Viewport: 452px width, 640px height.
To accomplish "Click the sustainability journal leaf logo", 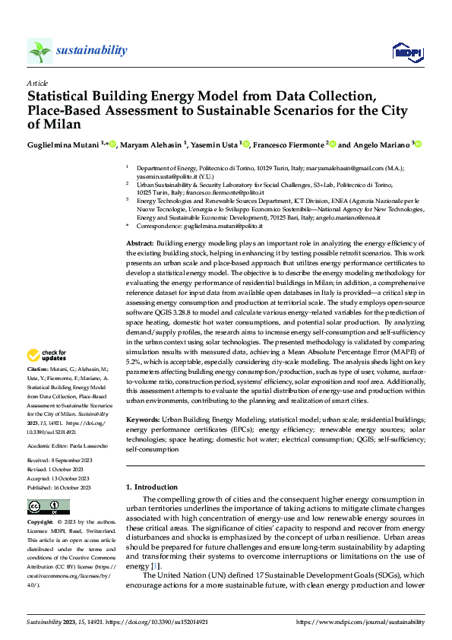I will [40, 51].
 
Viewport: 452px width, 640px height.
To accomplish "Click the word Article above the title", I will [37, 82].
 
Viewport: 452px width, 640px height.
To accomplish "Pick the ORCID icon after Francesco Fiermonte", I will [332, 144].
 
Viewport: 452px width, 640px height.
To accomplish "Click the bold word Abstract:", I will [140, 242].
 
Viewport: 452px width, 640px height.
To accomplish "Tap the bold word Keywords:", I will [142, 420].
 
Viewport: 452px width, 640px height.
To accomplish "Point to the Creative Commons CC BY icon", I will [48, 507].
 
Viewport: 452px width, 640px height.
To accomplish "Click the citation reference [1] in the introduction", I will [155, 566].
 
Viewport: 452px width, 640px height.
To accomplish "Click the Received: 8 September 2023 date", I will [60, 460].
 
